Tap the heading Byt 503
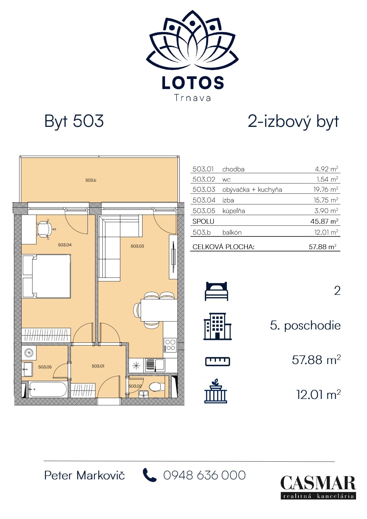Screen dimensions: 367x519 (74, 121)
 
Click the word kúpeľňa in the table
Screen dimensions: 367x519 (234, 211)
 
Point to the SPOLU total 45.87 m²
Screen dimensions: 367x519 (326, 221)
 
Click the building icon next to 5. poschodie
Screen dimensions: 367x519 (217, 326)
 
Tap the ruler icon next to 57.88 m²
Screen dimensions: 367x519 (218, 361)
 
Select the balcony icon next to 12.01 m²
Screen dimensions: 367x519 (216, 390)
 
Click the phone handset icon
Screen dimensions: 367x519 (150, 475)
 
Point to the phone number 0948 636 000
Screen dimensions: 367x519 (205, 475)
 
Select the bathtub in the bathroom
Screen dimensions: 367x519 (48, 389)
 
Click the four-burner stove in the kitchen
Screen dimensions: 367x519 (170, 345)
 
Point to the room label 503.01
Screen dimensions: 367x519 (98, 366)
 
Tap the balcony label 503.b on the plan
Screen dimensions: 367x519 (91, 180)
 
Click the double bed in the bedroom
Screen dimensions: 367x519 (46, 276)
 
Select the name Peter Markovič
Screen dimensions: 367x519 (85, 476)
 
